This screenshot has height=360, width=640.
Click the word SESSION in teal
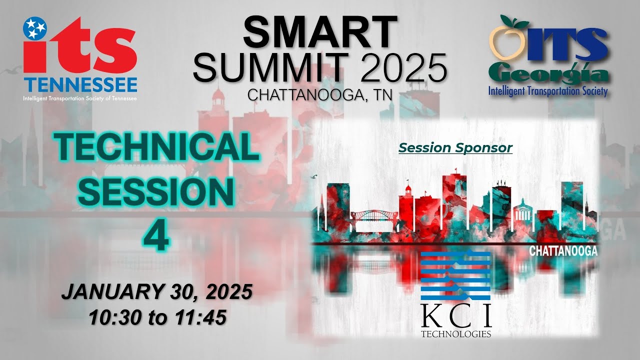(156, 192)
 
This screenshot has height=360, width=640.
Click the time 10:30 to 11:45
(156, 316)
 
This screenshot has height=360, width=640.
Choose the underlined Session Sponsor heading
(455, 148)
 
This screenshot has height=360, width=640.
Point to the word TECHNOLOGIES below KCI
(456, 333)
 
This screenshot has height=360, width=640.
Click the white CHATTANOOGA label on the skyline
(563, 251)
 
